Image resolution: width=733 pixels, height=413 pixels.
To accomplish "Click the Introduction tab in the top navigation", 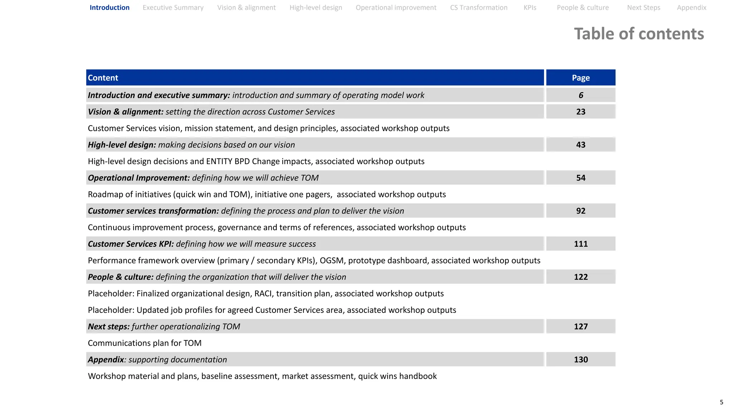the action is tap(110, 8).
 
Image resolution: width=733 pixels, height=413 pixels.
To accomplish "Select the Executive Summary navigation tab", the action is tap(173, 8).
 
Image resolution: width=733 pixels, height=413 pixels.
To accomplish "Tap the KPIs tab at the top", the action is tap(530, 8).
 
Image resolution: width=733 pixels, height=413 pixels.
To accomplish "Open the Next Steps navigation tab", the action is tap(644, 8).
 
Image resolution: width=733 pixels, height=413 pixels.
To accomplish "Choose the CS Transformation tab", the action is tap(479, 8).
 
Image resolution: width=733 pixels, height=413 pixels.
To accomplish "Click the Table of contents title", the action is tap(639, 34).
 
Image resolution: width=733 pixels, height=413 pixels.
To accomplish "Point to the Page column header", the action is tap(581, 78).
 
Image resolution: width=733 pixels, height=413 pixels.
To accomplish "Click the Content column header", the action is tap(103, 78).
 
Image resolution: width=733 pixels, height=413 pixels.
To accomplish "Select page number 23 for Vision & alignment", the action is tap(581, 112).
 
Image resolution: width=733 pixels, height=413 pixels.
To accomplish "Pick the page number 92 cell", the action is tap(581, 211).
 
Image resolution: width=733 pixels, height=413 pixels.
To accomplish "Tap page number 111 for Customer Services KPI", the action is tap(581, 244).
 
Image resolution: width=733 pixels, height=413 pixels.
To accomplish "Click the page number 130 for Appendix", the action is tap(581, 360).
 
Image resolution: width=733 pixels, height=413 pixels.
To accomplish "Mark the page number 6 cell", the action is tap(581, 95).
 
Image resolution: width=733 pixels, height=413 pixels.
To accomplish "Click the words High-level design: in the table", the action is tap(122, 145).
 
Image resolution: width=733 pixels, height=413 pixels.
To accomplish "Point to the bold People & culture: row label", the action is tap(121, 277).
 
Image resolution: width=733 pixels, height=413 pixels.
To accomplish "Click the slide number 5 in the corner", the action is tap(721, 402).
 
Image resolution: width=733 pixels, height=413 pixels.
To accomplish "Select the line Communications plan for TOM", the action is tap(145, 343).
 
